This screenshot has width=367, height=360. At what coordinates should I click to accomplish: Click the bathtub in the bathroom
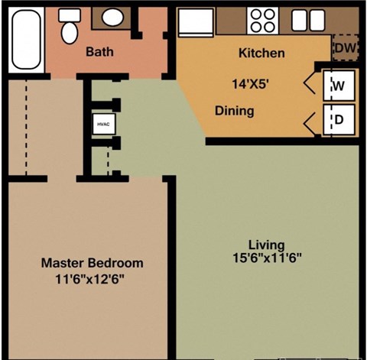[x=27, y=40]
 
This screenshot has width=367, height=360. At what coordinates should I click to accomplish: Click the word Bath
[x=99, y=53]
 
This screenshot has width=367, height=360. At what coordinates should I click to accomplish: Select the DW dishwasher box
[x=344, y=48]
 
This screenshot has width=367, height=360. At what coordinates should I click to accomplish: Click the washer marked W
[x=338, y=86]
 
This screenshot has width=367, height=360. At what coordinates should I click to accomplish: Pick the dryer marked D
[x=338, y=120]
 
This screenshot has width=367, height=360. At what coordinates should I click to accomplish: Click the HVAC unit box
[x=102, y=123]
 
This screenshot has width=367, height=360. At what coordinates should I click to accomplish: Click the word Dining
[x=233, y=111]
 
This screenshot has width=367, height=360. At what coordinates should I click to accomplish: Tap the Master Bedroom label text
[x=92, y=263]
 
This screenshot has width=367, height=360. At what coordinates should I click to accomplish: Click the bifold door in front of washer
[x=312, y=86]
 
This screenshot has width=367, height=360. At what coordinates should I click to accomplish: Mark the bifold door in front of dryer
[x=312, y=120]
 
